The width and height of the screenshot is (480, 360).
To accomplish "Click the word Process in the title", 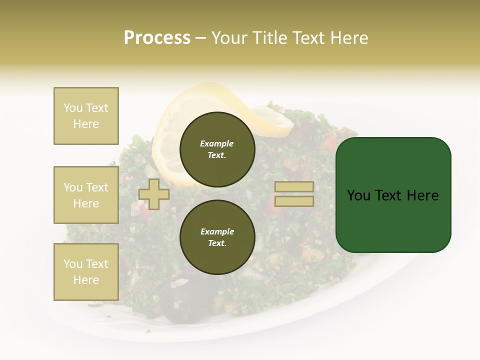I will coord(157,38).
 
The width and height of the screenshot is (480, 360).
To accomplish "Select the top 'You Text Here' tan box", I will coord(86,116).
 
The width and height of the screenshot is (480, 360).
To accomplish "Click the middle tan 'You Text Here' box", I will coord(86,195).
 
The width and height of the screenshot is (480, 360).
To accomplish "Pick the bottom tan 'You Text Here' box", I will coord(86,272).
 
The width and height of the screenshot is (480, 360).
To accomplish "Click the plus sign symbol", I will coord(154,194).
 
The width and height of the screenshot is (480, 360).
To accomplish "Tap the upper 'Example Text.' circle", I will coord(217,149).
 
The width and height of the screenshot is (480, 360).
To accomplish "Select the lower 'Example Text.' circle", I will coord(217,237).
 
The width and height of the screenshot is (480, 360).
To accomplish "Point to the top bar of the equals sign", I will coord(294,187).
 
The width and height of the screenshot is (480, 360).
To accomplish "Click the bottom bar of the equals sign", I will coord(294,201).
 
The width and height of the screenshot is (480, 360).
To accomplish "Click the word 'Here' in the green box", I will coord(422,195).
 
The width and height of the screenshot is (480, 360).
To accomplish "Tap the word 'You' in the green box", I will coord(358,195).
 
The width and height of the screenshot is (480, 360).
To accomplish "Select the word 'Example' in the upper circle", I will coord(217,143).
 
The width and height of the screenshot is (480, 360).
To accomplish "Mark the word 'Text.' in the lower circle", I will coord(217,243).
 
